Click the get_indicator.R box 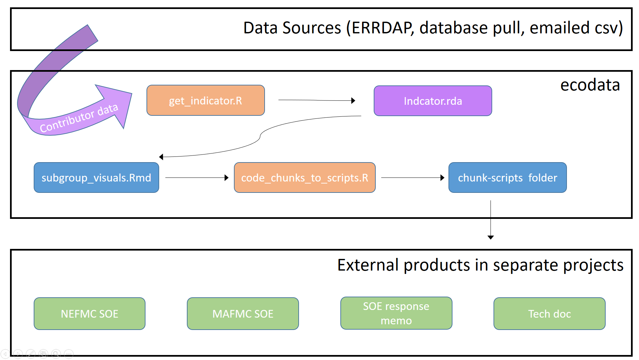click(206, 100)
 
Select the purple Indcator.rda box click(433, 101)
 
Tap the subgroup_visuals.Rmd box click(96, 177)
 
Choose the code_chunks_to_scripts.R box click(305, 177)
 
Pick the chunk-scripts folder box click(508, 177)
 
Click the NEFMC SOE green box click(89, 314)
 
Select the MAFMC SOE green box click(243, 314)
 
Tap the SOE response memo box click(396, 313)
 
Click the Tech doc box click(550, 314)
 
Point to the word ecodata click(590, 85)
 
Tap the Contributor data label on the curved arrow click(79, 118)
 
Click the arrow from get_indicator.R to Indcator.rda click(317, 100)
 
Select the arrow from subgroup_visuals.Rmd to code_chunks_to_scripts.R click(197, 177)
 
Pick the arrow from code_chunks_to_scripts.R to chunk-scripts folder click(413, 177)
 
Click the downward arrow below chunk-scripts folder click(491, 220)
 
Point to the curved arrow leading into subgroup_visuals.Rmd click(260, 137)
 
